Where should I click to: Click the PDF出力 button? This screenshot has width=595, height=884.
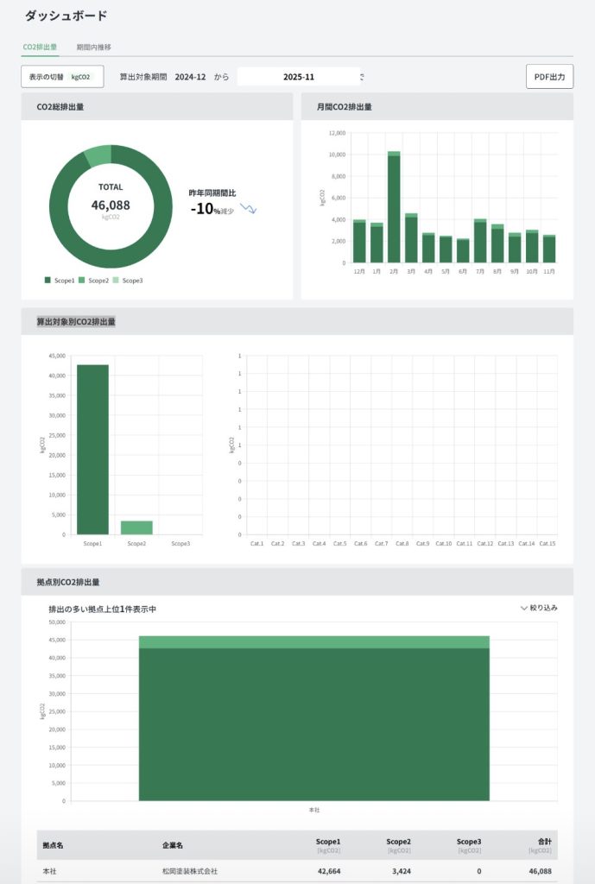click(549, 77)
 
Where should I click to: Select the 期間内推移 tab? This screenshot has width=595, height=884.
click(93, 47)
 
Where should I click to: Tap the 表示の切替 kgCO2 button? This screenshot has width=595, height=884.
click(62, 77)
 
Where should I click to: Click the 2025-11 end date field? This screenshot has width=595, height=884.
click(298, 77)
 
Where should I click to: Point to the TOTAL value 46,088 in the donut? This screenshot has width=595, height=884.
click(111, 205)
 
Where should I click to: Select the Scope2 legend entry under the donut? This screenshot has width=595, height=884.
click(96, 281)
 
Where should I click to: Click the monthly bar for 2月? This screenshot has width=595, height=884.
click(394, 207)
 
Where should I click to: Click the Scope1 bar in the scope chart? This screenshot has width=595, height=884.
click(92, 449)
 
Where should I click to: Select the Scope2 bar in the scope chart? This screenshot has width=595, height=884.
click(136, 527)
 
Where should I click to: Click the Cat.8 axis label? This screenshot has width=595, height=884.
click(402, 544)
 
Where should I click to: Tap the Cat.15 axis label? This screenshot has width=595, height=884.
click(547, 544)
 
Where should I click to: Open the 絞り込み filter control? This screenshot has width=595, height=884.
click(539, 608)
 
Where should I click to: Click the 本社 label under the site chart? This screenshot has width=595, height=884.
click(314, 810)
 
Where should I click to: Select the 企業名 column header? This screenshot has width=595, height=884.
click(173, 843)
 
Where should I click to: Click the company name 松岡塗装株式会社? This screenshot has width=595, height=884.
click(189, 872)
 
